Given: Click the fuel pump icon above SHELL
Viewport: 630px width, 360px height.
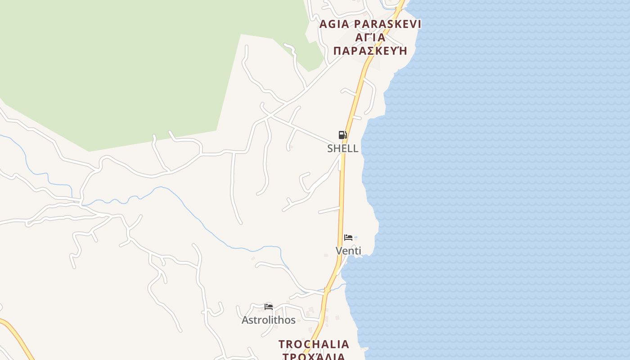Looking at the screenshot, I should pyautogui.click(x=343, y=135).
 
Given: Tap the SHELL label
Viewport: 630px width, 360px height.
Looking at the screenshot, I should pyautogui.click(x=343, y=148).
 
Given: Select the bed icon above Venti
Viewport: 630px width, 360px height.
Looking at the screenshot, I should pyautogui.click(x=348, y=237).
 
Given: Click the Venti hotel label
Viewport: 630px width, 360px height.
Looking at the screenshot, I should pyautogui.click(x=348, y=251).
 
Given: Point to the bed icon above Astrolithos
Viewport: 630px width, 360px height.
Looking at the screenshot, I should pyautogui.click(x=269, y=307).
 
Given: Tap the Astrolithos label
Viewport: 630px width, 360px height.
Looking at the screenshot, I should pyautogui.click(x=269, y=320).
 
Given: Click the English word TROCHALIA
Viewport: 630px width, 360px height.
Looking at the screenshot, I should pyautogui.click(x=314, y=344).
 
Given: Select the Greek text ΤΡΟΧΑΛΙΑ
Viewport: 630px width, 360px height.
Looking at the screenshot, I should pyautogui.click(x=314, y=356).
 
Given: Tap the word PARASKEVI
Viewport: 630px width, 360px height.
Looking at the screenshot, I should pyautogui.click(x=387, y=24).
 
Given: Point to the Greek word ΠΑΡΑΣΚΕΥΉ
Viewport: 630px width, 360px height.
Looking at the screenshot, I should pyautogui.click(x=370, y=50).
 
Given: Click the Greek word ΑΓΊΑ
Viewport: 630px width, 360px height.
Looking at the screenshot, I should pyautogui.click(x=370, y=37).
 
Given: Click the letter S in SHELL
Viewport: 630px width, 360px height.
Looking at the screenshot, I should pyautogui.click(x=330, y=148).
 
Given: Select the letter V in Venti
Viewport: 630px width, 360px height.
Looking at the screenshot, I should pyautogui.click(x=339, y=251).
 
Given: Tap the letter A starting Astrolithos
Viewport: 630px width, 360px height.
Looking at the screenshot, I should pyautogui.click(x=245, y=320).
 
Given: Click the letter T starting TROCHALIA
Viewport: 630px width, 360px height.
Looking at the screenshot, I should pyautogui.click(x=282, y=344).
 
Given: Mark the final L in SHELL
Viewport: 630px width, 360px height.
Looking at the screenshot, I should pyautogui.click(x=355, y=148).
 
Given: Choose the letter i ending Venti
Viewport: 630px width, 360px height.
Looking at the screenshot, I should pyautogui.click(x=360, y=251).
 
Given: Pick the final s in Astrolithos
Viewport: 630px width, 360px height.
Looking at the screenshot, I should pyautogui.click(x=293, y=320).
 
